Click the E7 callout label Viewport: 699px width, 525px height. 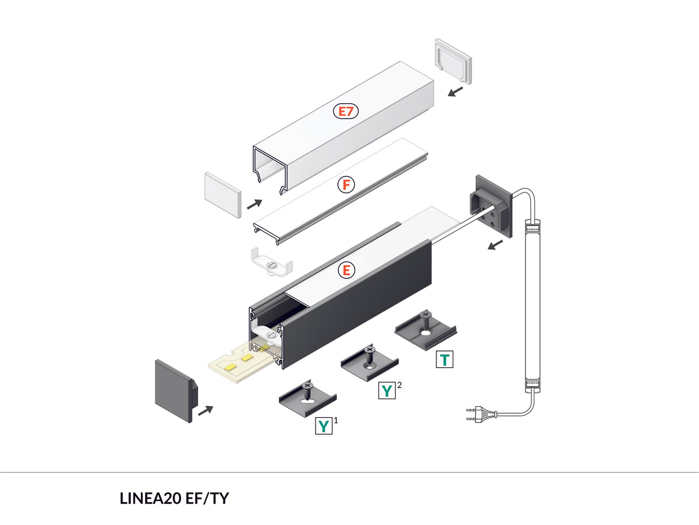pyautogui.click(x=345, y=111)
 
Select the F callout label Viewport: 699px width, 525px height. pyautogui.click(x=345, y=185)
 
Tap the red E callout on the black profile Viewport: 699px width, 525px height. pyautogui.click(x=346, y=270)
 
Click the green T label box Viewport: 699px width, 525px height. pyautogui.click(x=445, y=360)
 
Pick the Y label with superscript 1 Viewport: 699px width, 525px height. pyautogui.click(x=324, y=426)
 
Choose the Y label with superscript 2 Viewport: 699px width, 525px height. pyautogui.click(x=387, y=391)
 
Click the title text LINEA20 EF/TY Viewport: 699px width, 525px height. pyautogui.click(x=174, y=498)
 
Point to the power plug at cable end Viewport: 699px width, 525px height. pyautogui.click(x=481, y=413)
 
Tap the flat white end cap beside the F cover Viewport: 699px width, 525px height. pyautogui.click(x=222, y=194)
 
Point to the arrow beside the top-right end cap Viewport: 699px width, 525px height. pyautogui.click(x=456, y=91)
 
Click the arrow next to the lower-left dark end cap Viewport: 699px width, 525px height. pyautogui.click(x=205, y=410)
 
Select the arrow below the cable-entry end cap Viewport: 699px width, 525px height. pyautogui.click(x=494, y=245)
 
